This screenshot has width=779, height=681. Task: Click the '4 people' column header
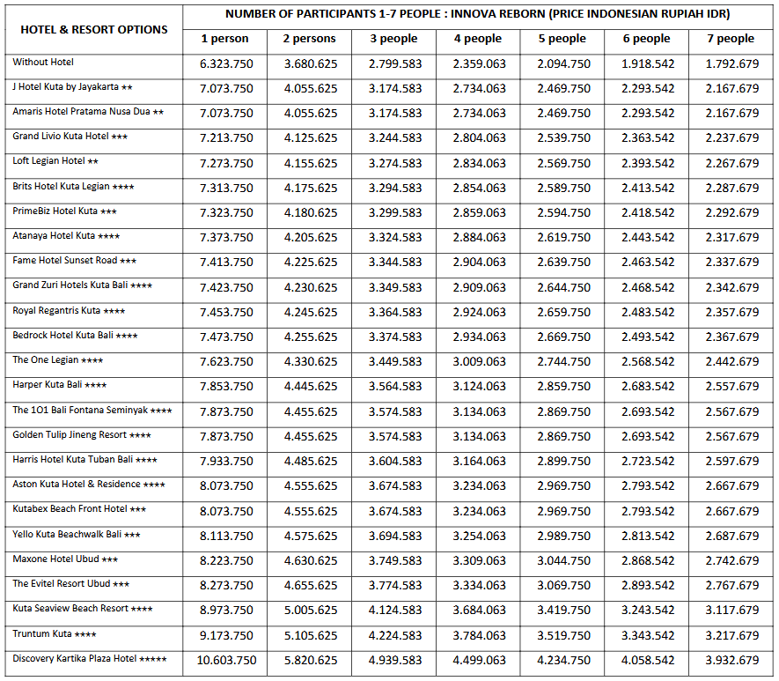[478, 39]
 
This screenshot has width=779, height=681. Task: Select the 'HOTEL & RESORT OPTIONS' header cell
[94, 29]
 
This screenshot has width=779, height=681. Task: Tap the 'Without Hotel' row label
[44, 63]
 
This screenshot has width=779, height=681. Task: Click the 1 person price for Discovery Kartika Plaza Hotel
[226, 660]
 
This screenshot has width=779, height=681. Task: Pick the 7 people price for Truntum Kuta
[731, 635]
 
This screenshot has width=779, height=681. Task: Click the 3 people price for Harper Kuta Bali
[394, 386]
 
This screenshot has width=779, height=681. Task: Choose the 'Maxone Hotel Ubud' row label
[66, 559]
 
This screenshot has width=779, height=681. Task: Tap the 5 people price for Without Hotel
[563, 63]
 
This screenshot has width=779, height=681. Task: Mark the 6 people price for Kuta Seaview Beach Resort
[647, 610]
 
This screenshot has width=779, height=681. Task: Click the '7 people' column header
[731, 39]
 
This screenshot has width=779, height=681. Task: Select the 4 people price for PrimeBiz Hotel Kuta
[479, 212]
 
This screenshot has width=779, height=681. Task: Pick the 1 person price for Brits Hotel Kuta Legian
[226, 188]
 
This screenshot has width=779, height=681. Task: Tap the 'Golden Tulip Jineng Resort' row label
[82, 435]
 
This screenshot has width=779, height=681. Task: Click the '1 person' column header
[224, 39]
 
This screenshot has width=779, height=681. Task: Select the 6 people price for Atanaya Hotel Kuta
[647, 237]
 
